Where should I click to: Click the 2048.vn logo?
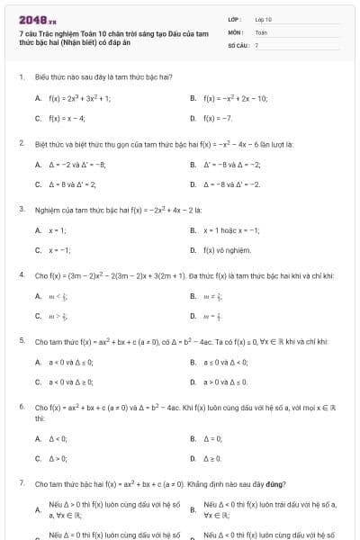point(37,19)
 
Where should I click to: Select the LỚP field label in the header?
point(235,19)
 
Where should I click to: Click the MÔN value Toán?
point(262,31)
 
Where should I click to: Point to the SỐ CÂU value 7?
point(256,44)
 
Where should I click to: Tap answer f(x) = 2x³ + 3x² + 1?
point(79,98)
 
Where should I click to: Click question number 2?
point(21,143)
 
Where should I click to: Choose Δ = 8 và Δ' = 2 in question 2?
point(72,184)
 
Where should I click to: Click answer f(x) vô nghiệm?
point(227,249)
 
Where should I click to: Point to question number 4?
point(21,274)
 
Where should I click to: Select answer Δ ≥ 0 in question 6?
point(212,458)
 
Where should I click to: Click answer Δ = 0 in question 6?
point(212,438)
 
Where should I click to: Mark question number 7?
point(21,483)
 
